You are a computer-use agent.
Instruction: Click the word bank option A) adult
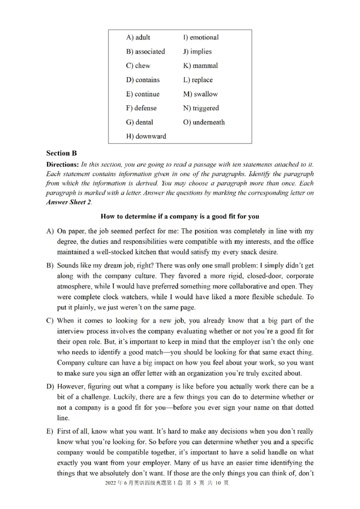tap(138, 37)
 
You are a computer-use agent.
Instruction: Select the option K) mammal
tap(200, 66)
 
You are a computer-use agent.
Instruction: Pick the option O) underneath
tap(204, 122)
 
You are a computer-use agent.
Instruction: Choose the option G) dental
tap(139, 122)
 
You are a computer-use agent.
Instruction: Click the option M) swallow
tap(200, 94)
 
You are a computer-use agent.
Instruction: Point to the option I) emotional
tap(201, 37)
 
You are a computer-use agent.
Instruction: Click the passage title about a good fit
tap(180, 216)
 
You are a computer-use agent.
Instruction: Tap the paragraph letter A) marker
tap(50, 231)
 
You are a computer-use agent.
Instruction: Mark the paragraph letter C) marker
tap(50, 321)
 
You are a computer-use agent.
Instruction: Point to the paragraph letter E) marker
tap(50, 431)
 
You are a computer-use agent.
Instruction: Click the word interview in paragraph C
tap(72, 331)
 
